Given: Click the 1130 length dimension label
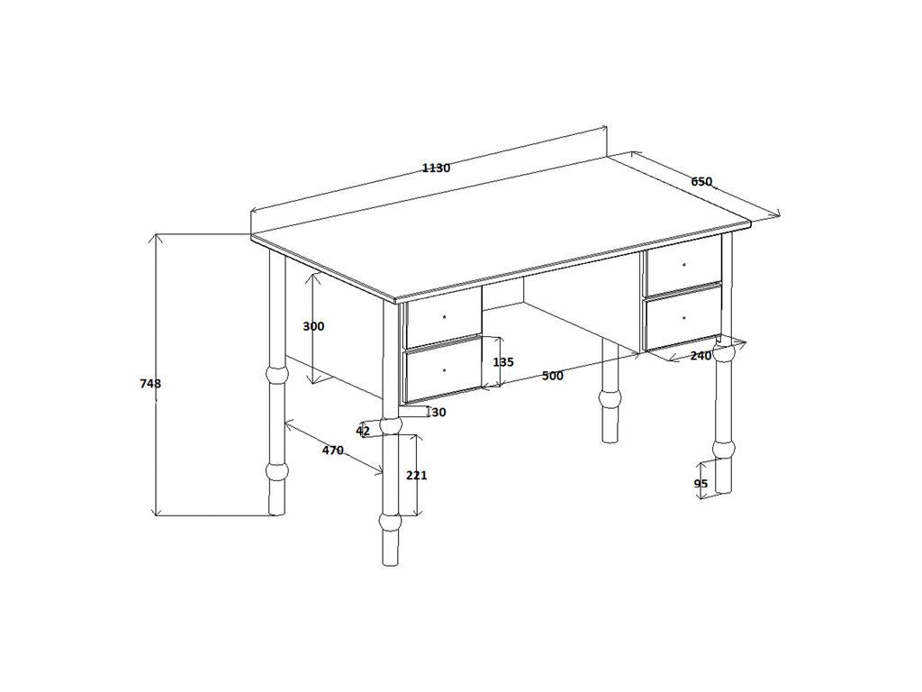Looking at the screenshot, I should (x=436, y=168).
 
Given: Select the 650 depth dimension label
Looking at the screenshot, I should (x=701, y=182).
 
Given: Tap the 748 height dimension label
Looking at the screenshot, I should (x=150, y=384).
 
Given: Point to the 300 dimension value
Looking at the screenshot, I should (x=313, y=326).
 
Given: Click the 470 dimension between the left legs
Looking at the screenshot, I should (x=333, y=451).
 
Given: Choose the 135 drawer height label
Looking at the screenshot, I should (x=503, y=362).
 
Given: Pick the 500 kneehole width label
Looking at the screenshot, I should (x=553, y=376).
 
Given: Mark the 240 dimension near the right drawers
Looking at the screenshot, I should (x=701, y=356).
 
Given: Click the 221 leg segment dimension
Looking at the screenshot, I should (x=416, y=475).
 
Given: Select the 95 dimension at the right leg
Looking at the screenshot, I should (x=701, y=484).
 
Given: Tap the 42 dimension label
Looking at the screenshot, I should (x=363, y=432).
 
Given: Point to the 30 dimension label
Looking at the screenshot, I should (x=439, y=413).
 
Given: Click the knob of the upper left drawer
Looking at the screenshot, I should (x=444, y=317).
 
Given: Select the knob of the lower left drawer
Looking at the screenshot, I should (x=444, y=370).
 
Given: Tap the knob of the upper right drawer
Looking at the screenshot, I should (x=684, y=265).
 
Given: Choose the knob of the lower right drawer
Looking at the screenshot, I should (x=684, y=318).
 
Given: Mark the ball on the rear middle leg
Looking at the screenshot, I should (x=611, y=396).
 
